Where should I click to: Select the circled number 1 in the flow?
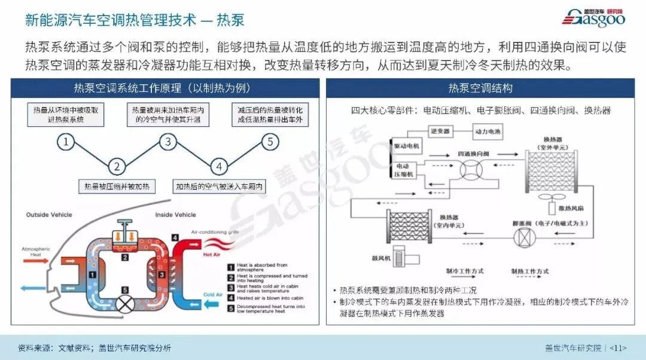pos(66,142)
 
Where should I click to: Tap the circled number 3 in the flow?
pos(169,142)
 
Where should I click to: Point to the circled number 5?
pos(270,142)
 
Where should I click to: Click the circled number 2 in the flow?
pos(117,167)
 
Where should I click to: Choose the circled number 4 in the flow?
pos(220,167)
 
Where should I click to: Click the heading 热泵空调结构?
pos(480,88)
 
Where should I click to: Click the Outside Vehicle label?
pos(49,214)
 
